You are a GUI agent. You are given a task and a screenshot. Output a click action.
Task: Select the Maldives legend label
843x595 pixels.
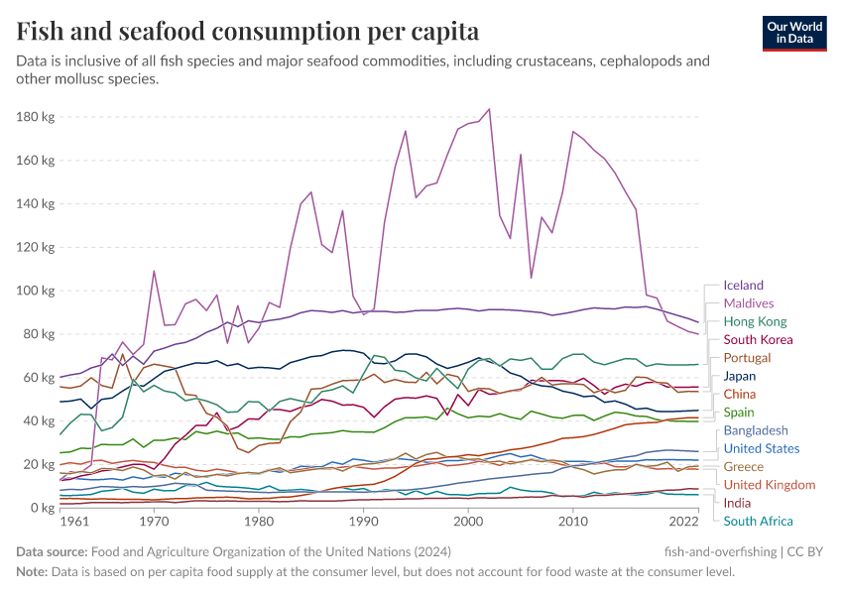pyautogui.click(x=749, y=303)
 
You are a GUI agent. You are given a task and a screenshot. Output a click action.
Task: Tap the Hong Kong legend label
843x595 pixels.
pyautogui.click(x=755, y=321)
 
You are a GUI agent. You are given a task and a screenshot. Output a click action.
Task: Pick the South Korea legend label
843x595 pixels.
pyautogui.click(x=759, y=340)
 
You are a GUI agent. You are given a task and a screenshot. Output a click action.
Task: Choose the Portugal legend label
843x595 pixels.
pyautogui.click(x=748, y=358)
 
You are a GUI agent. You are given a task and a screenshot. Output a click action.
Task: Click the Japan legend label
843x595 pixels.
pyautogui.click(x=740, y=377)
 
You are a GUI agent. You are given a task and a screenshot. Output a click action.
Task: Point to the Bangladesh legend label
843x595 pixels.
pyautogui.click(x=756, y=431)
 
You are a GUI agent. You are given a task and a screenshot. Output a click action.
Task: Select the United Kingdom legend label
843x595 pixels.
pyautogui.click(x=768, y=485)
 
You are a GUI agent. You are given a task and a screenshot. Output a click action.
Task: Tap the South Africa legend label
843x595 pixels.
pyautogui.click(x=759, y=522)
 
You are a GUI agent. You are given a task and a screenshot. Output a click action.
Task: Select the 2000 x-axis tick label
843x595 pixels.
pyautogui.click(x=468, y=522)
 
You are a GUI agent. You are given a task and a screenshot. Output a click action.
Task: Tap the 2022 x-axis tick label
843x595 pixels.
pyautogui.click(x=683, y=522)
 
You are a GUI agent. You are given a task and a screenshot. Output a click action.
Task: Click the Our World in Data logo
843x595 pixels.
pyautogui.click(x=794, y=32)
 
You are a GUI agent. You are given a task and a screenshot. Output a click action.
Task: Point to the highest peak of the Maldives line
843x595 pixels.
pyautogui.click(x=489, y=109)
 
